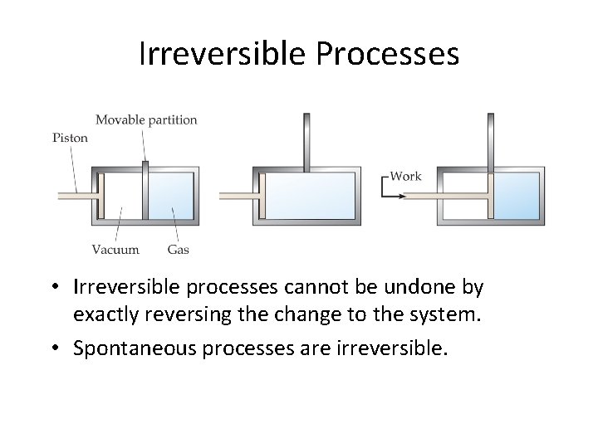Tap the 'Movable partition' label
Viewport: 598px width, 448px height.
pyautogui.click(x=146, y=119)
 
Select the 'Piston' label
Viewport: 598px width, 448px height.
pyautogui.click(x=70, y=138)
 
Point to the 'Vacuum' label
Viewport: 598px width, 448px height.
pyautogui.click(x=115, y=249)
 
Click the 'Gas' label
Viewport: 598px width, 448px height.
pyautogui.click(x=178, y=249)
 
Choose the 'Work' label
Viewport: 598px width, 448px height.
pyautogui.click(x=405, y=176)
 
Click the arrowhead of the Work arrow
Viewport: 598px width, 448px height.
pyautogui.click(x=402, y=197)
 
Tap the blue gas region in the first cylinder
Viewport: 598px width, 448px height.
pyautogui.click(x=171, y=196)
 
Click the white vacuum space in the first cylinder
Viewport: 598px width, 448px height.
pyautogui.click(x=121, y=196)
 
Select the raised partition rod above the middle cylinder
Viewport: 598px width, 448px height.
pyautogui.click(x=306, y=141)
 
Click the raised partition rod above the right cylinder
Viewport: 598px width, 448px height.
pyautogui.click(x=491, y=141)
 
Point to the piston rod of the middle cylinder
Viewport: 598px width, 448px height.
pyautogui.click(x=238, y=197)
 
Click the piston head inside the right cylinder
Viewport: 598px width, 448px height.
pyautogui.click(x=491, y=196)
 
